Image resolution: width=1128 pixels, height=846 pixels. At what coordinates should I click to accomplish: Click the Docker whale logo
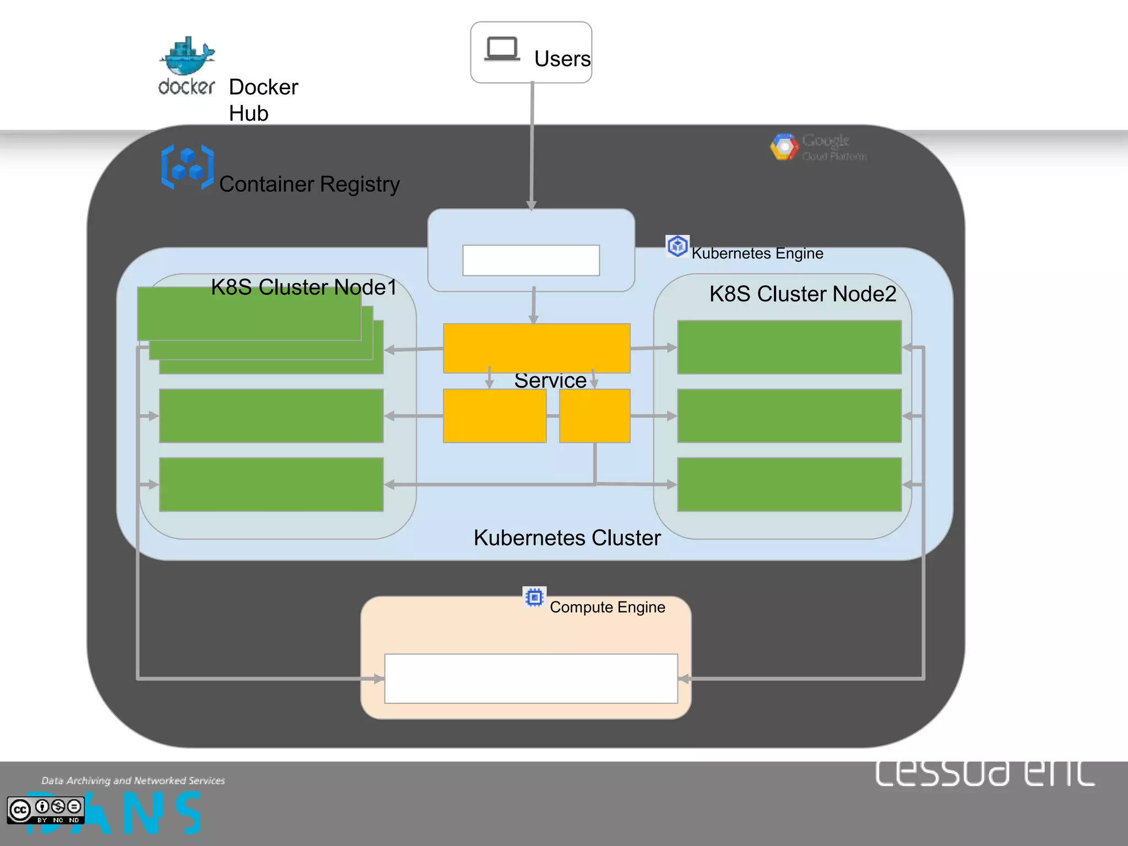[187, 57]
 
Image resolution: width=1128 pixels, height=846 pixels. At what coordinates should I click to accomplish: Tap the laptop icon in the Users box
[502, 49]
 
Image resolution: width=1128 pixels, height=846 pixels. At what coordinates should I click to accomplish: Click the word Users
[562, 59]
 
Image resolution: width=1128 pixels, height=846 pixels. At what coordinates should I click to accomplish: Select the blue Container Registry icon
[187, 167]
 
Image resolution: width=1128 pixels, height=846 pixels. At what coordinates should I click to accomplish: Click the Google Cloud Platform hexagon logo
[784, 147]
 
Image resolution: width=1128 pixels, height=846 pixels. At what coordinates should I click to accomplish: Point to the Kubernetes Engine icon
[677, 246]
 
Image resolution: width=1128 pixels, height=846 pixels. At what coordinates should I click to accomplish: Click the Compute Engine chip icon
[534, 597]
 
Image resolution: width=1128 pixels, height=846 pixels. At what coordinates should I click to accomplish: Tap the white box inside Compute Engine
[531, 679]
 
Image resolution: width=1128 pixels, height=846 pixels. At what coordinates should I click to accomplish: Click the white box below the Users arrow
[531, 260]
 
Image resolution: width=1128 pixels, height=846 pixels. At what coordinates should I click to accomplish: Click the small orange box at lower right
[595, 416]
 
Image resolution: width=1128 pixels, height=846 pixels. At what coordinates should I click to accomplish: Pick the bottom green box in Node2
[789, 484]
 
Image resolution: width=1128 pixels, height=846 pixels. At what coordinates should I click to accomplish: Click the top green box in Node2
[789, 347]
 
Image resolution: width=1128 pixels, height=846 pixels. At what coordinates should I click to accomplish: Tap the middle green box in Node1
[271, 416]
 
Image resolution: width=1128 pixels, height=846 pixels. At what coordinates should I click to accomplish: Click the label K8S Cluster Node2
[802, 294]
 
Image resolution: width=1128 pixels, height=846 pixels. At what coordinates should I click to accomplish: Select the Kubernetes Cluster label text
[567, 538]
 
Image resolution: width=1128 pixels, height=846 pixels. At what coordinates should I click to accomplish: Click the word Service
[550, 381]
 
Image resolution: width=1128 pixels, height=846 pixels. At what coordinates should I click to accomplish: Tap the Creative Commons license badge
[46, 810]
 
